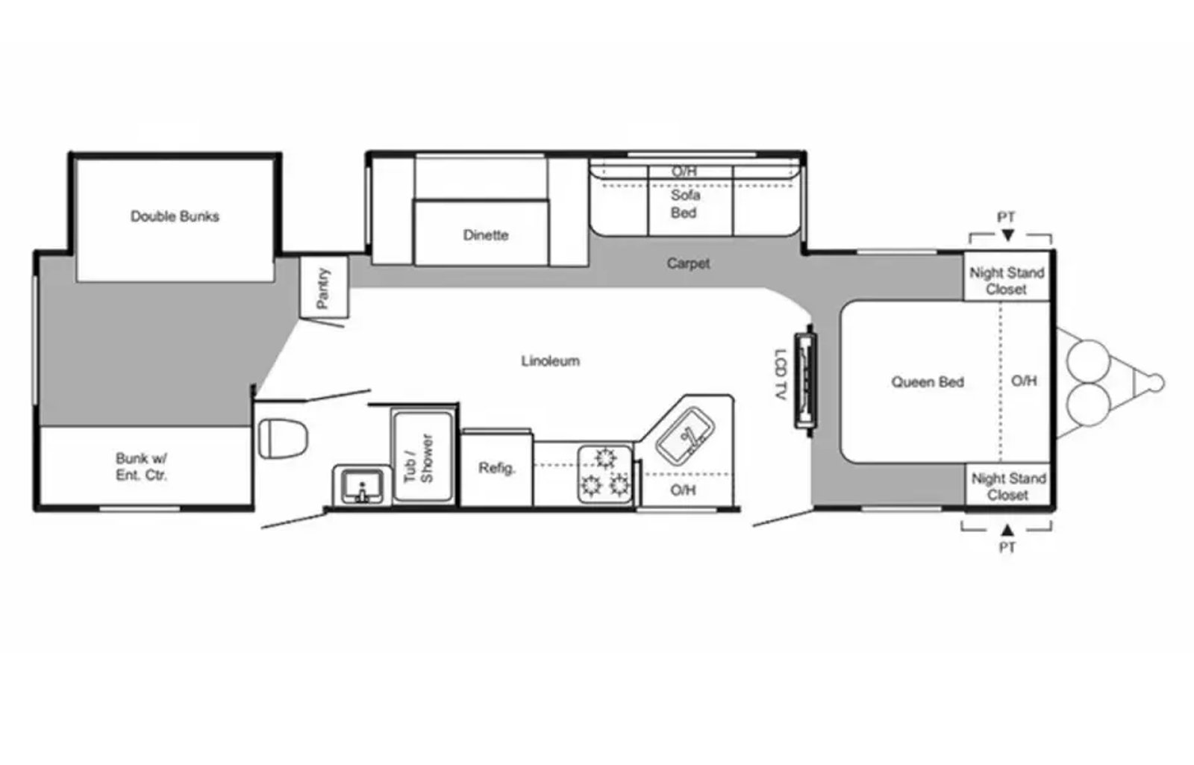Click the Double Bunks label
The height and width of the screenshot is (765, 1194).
[x=175, y=216]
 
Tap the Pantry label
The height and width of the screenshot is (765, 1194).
[x=323, y=288]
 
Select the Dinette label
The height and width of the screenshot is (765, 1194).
[x=486, y=235]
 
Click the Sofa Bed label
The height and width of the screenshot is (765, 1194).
[x=685, y=204]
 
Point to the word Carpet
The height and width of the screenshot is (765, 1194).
[x=688, y=263]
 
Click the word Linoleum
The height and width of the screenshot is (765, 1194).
[x=551, y=361]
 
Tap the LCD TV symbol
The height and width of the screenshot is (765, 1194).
[x=805, y=381]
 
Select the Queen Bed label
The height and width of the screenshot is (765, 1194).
[x=928, y=382]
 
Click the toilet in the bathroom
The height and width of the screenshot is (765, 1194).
[x=283, y=438]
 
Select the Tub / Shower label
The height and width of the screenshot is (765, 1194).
[x=419, y=459]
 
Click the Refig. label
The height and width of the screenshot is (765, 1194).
[x=497, y=468]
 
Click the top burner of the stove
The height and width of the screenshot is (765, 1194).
[x=605, y=458]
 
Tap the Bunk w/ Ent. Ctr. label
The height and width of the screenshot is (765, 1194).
[x=141, y=466]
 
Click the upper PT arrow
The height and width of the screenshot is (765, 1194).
[x=1007, y=235]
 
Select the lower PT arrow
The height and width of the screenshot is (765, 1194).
[x=1007, y=530]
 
